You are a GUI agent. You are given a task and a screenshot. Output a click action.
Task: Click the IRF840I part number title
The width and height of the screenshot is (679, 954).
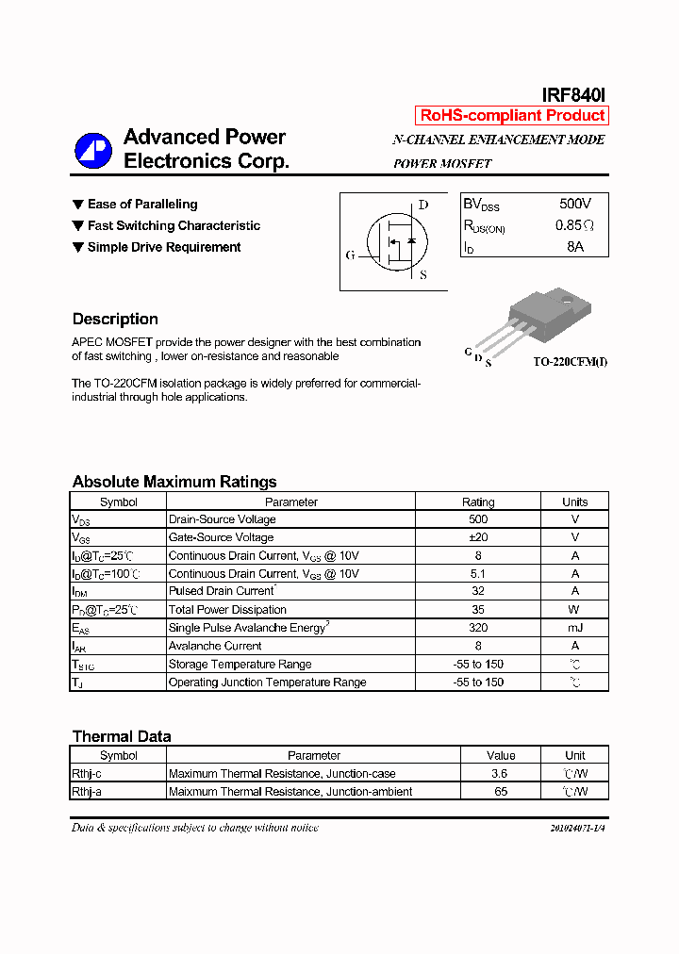[573, 95]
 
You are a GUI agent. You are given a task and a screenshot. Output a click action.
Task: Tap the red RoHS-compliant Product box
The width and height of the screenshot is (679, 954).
[512, 116]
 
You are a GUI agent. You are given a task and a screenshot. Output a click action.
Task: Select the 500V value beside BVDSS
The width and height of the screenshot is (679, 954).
[574, 205]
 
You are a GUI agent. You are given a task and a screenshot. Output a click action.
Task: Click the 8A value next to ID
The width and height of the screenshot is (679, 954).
[574, 247]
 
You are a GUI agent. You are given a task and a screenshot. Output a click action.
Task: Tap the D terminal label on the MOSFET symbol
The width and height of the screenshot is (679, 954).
[423, 205]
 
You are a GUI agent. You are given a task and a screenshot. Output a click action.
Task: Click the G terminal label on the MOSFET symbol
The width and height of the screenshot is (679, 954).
[351, 255]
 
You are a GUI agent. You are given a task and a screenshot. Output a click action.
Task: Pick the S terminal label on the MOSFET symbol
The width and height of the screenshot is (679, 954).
[422, 275]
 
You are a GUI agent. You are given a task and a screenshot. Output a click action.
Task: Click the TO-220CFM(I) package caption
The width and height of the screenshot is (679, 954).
[570, 362]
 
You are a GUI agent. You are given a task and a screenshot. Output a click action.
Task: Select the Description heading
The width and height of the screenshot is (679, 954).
[115, 320]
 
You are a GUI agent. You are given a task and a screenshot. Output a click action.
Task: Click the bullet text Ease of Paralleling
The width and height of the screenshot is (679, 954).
[142, 205]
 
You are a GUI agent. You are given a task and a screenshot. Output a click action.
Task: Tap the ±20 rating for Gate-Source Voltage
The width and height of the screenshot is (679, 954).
[478, 537]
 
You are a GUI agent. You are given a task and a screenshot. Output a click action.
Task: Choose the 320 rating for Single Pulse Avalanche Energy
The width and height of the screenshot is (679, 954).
[478, 628]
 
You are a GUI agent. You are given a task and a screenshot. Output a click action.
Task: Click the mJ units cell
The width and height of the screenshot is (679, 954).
[574, 628]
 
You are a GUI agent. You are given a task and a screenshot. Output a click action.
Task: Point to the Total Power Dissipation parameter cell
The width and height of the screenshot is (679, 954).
[227, 610]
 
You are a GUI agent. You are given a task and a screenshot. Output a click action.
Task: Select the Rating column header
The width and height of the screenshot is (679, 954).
[478, 502]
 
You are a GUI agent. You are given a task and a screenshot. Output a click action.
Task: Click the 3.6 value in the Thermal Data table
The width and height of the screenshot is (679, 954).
[501, 774]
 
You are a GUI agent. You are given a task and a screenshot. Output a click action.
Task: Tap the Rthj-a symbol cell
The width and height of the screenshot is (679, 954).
[87, 792]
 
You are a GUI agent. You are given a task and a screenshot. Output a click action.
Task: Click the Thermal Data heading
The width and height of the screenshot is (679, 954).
[122, 737]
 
